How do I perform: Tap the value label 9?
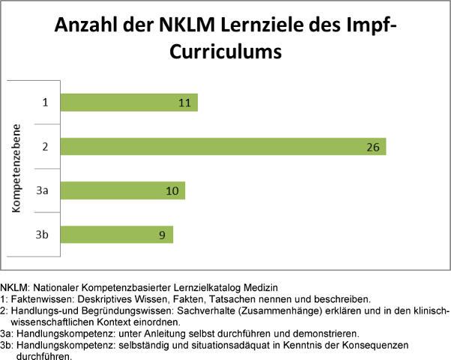162,234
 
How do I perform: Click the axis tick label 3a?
43,191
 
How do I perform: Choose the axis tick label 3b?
43,234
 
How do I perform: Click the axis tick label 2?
45,147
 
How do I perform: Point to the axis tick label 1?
45,103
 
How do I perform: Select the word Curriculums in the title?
225,52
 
